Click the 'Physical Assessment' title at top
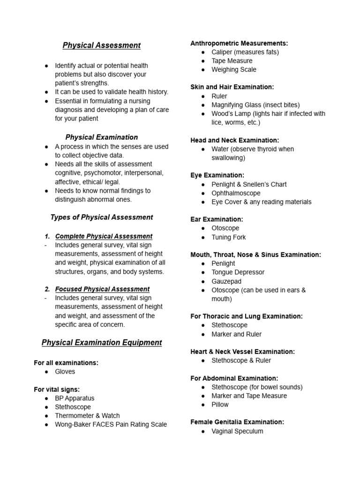(102, 45)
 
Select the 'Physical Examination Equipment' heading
(102, 343)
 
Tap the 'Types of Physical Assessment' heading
(102, 217)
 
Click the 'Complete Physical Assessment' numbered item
(104, 236)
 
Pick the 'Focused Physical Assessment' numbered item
(102, 289)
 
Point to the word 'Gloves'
(65, 372)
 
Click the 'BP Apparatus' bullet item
(75, 398)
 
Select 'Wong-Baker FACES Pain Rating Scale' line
(111, 425)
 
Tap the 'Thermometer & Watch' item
(87, 416)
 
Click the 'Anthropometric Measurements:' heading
(239, 44)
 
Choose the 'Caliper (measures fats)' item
(245, 52)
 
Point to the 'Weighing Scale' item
(234, 70)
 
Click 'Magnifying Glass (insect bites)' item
(255, 105)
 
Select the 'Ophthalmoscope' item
(236, 193)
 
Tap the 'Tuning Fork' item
(228, 237)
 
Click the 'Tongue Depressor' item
(238, 272)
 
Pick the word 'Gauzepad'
(226, 281)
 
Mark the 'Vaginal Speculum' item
(237, 431)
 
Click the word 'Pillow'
(220, 405)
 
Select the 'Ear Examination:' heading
(217, 219)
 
